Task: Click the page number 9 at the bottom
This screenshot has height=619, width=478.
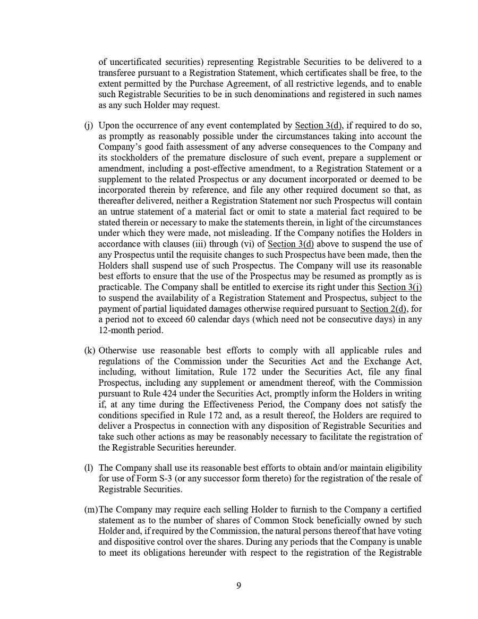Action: (238, 586)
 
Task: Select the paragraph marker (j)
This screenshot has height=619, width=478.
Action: (88, 126)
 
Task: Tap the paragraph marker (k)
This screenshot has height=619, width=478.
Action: (89, 351)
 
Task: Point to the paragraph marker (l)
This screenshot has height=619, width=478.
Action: (88, 468)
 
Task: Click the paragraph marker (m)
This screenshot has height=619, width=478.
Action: (91, 510)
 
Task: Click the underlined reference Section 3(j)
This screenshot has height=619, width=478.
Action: (399, 287)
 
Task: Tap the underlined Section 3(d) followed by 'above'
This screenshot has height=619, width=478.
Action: (291, 244)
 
